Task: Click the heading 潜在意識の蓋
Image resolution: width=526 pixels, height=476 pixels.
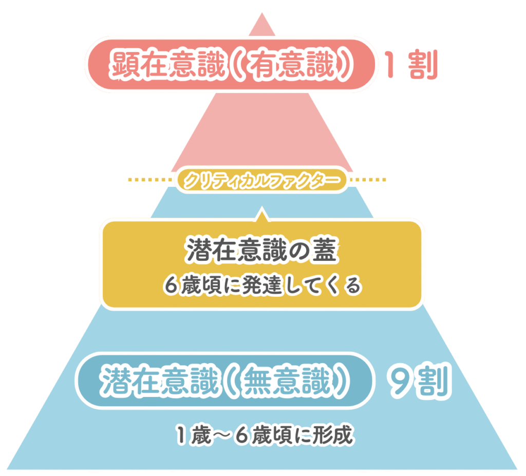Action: point(261,252)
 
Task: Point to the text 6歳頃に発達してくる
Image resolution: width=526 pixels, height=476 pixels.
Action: point(262,285)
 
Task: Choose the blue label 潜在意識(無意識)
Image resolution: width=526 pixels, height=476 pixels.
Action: point(224,383)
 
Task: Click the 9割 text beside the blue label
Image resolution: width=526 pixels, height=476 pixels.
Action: point(419,383)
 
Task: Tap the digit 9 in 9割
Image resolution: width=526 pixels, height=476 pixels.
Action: point(400,383)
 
